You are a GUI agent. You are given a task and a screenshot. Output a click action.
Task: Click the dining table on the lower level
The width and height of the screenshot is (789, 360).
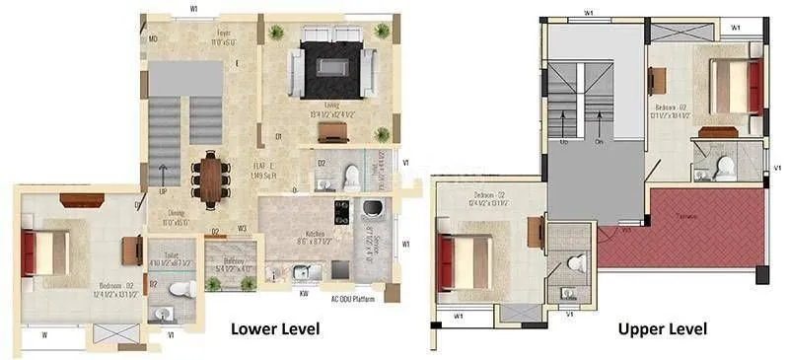click(210, 179)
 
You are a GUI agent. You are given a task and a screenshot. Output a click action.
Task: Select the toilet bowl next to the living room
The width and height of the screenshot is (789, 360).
click(350, 176)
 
